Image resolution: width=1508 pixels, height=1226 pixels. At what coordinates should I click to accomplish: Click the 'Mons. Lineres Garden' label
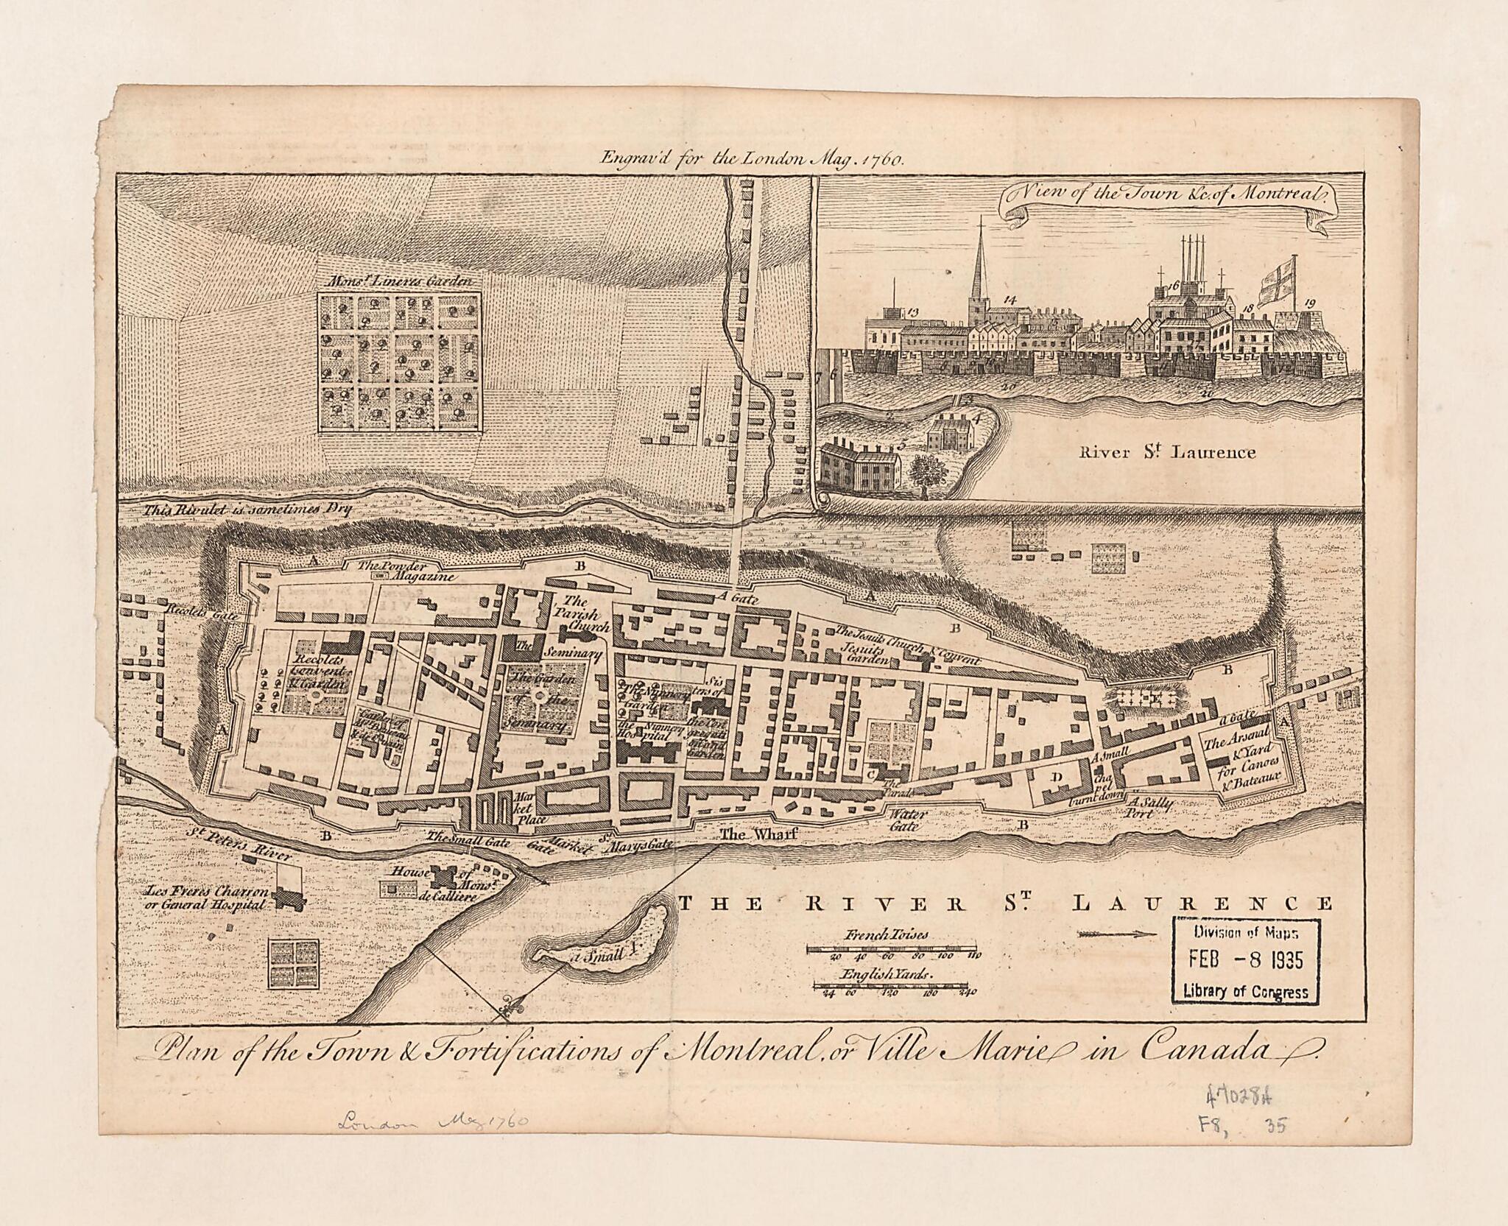pyautogui.click(x=399, y=281)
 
